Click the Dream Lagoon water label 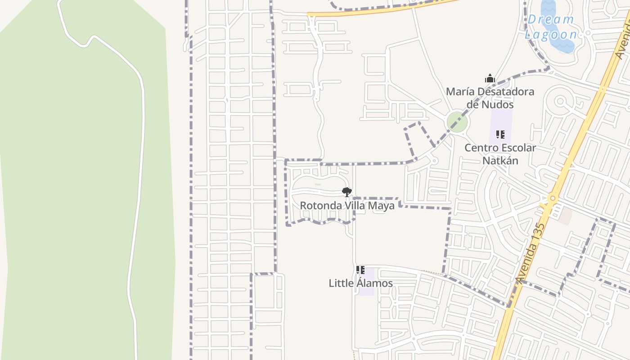[x=551, y=27]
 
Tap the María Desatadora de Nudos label [x=490, y=98]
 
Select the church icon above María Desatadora [x=490, y=79]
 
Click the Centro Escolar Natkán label [x=500, y=154]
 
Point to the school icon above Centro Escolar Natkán [x=500, y=134]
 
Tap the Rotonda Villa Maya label [x=347, y=206]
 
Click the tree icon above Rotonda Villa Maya [x=346, y=192]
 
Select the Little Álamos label [x=360, y=283]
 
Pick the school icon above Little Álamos [x=360, y=270]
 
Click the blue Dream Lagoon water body [x=558, y=43]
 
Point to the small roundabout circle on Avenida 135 [x=552, y=198]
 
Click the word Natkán [x=500, y=161]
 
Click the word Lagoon [x=551, y=34]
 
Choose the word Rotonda [x=319, y=206]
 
